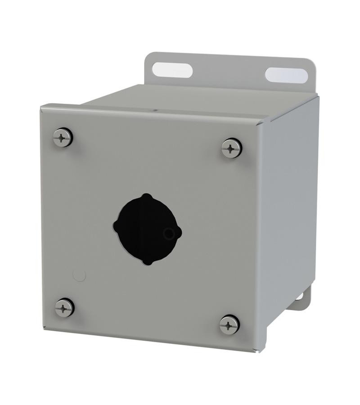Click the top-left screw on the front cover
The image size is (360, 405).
point(63,137)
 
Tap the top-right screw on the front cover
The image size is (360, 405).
point(232,148)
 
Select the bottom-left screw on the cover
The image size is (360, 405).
point(64,307)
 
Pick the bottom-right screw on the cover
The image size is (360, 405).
point(229,324)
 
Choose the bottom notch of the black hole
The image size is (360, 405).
point(148,261)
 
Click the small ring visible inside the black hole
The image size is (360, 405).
point(169,233)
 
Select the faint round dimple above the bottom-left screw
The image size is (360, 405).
point(79,275)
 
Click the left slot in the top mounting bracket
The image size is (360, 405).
point(172,70)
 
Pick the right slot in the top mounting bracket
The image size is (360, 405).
point(286,75)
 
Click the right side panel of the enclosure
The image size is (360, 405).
point(290,202)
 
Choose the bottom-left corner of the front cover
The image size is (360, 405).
point(44,328)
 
